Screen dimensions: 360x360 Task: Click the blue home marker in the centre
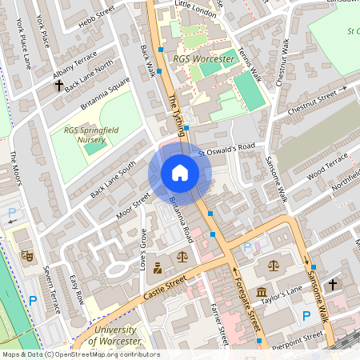[x=180, y=173]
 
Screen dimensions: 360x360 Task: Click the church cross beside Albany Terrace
[x=58, y=84]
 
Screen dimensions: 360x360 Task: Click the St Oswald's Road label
[x=226, y=147]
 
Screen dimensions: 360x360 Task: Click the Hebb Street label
[x=96, y=16]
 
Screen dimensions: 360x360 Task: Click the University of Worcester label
[x=117, y=336]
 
